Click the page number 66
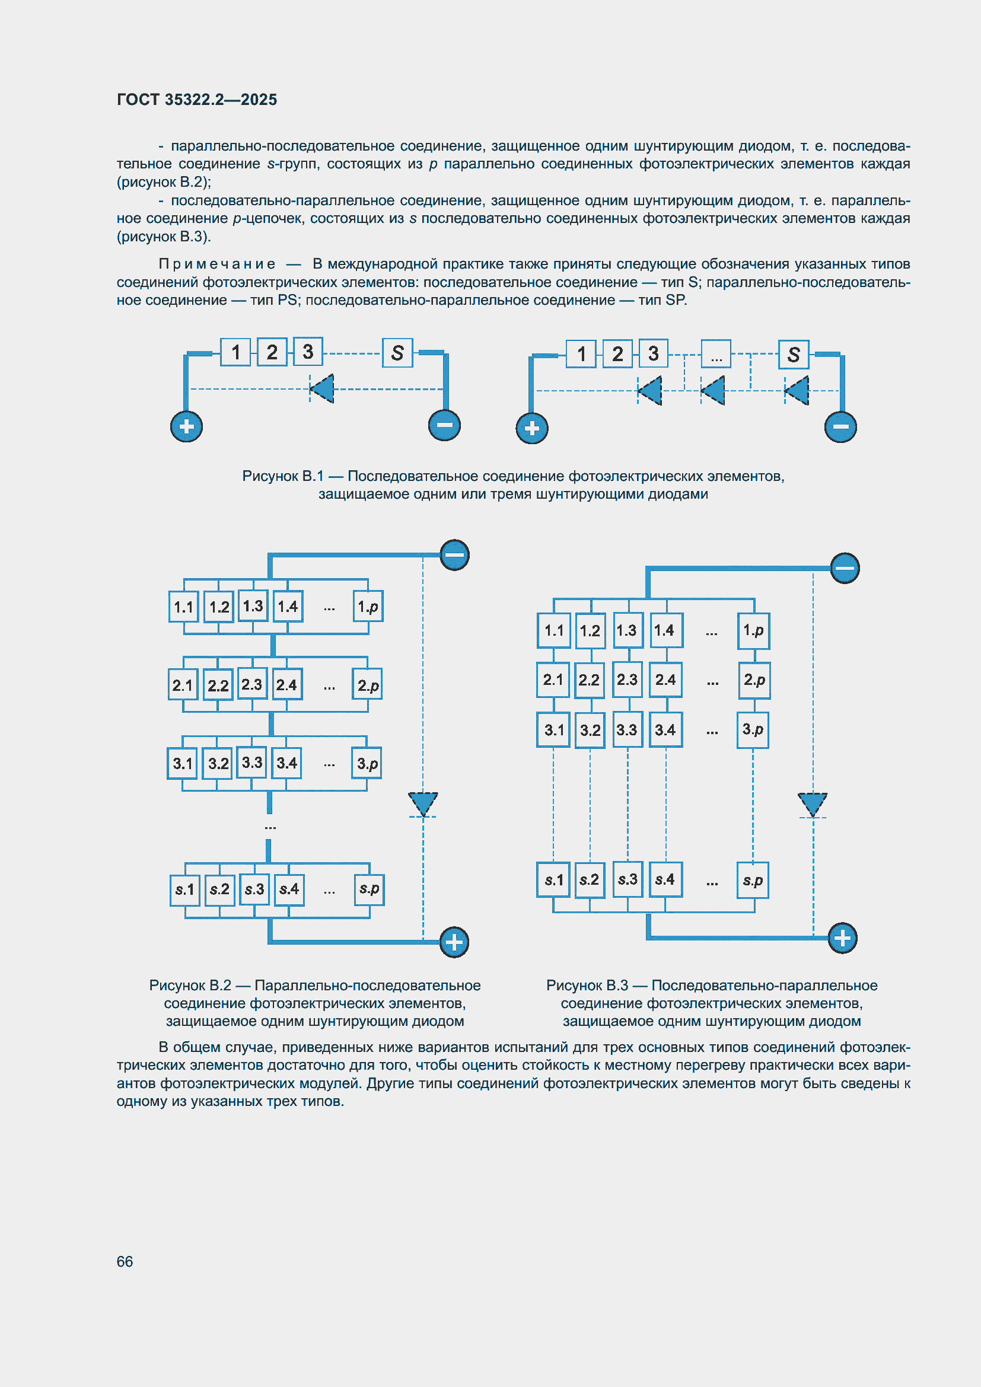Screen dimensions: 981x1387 (125, 1261)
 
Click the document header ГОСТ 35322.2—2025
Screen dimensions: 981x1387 (197, 100)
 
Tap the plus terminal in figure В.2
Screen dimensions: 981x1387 (454, 942)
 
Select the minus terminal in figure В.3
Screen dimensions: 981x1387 (845, 568)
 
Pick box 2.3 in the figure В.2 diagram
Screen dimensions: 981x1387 (252, 684)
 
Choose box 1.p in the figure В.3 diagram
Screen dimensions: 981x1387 (753, 631)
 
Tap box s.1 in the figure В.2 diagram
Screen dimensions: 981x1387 (185, 889)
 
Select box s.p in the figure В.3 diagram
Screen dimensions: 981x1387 (753, 880)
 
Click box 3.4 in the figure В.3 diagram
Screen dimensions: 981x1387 (665, 730)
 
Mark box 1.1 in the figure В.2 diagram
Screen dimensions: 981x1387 (184, 607)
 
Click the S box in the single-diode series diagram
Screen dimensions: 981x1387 (397, 353)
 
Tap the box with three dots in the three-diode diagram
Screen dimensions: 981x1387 (716, 354)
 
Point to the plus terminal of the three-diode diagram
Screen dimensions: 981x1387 (531, 428)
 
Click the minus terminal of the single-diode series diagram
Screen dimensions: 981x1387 (444, 425)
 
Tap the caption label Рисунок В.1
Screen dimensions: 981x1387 (283, 476)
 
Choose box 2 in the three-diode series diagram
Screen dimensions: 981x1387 (617, 354)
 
